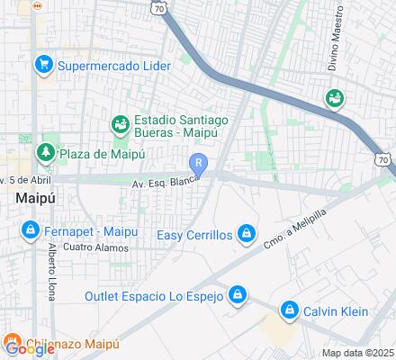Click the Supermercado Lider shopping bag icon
point(41,65)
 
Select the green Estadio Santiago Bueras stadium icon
point(119,123)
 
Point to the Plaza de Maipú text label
point(102,153)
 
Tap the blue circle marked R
point(199,163)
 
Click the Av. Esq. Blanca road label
point(165,182)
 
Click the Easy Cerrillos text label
point(195,236)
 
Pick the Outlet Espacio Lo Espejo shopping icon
point(237,295)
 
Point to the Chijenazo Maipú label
point(72,344)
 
